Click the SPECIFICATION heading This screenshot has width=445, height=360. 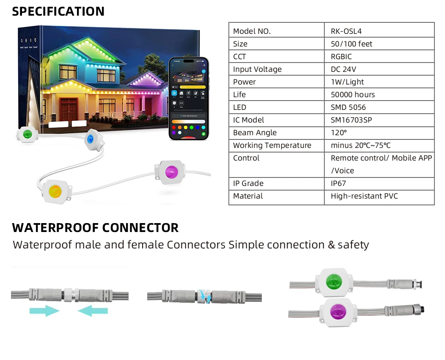[58, 11]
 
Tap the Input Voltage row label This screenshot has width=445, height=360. [257, 69]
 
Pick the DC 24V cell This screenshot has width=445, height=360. [343, 69]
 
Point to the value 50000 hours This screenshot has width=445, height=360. [352, 95]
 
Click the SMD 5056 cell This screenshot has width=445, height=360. [348, 107]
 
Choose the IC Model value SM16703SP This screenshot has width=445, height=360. [351, 120]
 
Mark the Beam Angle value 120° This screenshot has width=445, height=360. [338, 133]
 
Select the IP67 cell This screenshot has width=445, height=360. [339, 183]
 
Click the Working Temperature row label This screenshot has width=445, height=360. [272, 145]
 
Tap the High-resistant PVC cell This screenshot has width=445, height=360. [364, 196]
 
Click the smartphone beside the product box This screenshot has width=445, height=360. [189, 98]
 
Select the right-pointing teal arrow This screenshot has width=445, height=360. [44, 311]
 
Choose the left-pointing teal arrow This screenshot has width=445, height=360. [93, 311]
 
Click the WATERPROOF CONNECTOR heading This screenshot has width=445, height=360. [95, 228]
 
